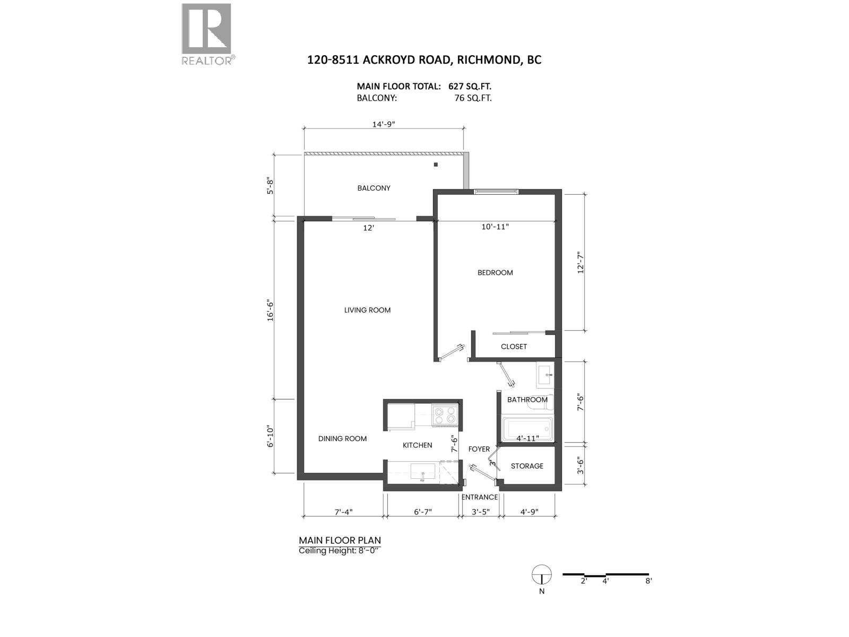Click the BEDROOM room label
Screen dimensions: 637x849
495,273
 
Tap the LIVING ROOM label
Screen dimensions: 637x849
367,310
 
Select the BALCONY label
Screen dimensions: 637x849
374,188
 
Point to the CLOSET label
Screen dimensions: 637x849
514,347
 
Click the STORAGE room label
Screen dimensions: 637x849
527,466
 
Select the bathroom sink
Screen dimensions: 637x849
545,376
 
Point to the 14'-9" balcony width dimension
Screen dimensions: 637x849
384,124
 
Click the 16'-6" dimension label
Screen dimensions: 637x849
271,309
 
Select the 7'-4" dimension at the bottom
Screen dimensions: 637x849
343,512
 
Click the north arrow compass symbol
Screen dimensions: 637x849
541,574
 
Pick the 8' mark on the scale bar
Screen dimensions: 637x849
648,581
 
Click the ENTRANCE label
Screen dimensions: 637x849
480,497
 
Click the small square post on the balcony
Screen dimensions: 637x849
436,165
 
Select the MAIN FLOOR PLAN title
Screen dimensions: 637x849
340,540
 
